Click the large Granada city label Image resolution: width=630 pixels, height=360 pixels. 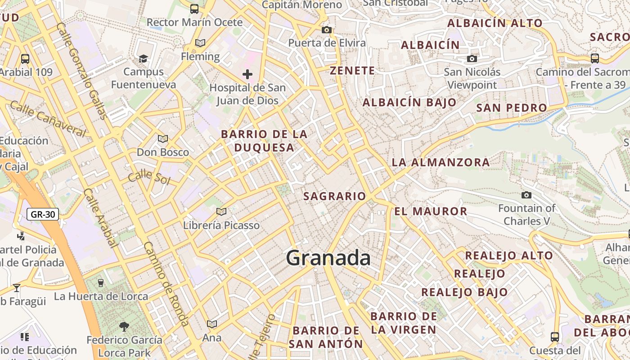click(x=328, y=258)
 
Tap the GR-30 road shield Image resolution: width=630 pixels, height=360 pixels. click(x=43, y=214)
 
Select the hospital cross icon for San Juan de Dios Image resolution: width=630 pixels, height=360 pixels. click(x=247, y=74)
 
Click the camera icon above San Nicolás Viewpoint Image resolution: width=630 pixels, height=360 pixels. click(x=472, y=58)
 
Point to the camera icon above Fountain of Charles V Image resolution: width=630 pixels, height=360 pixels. click(x=526, y=195)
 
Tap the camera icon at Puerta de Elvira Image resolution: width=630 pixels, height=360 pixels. click(x=327, y=30)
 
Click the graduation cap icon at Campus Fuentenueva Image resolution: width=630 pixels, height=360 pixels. click(x=143, y=58)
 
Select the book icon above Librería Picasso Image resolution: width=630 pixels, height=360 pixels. click(x=221, y=211)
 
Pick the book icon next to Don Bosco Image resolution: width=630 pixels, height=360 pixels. click(x=163, y=139)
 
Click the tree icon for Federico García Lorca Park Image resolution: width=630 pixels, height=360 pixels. click(x=124, y=326)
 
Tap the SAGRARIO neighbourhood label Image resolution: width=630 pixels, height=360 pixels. click(x=334, y=196)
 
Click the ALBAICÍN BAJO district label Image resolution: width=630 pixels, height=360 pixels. click(x=409, y=103)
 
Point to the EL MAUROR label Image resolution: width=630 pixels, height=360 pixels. click(x=431, y=211)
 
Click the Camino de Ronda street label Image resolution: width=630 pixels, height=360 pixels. click(x=166, y=283)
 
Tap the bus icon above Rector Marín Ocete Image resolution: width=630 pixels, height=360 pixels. click(x=194, y=9)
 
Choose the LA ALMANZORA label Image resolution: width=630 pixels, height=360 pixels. click(x=441, y=162)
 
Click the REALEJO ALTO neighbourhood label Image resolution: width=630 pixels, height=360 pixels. click(x=508, y=256)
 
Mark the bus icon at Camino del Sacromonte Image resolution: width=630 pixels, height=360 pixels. click(x=594, y=58)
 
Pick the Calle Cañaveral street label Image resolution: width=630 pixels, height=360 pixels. click(x=47, y=119)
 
